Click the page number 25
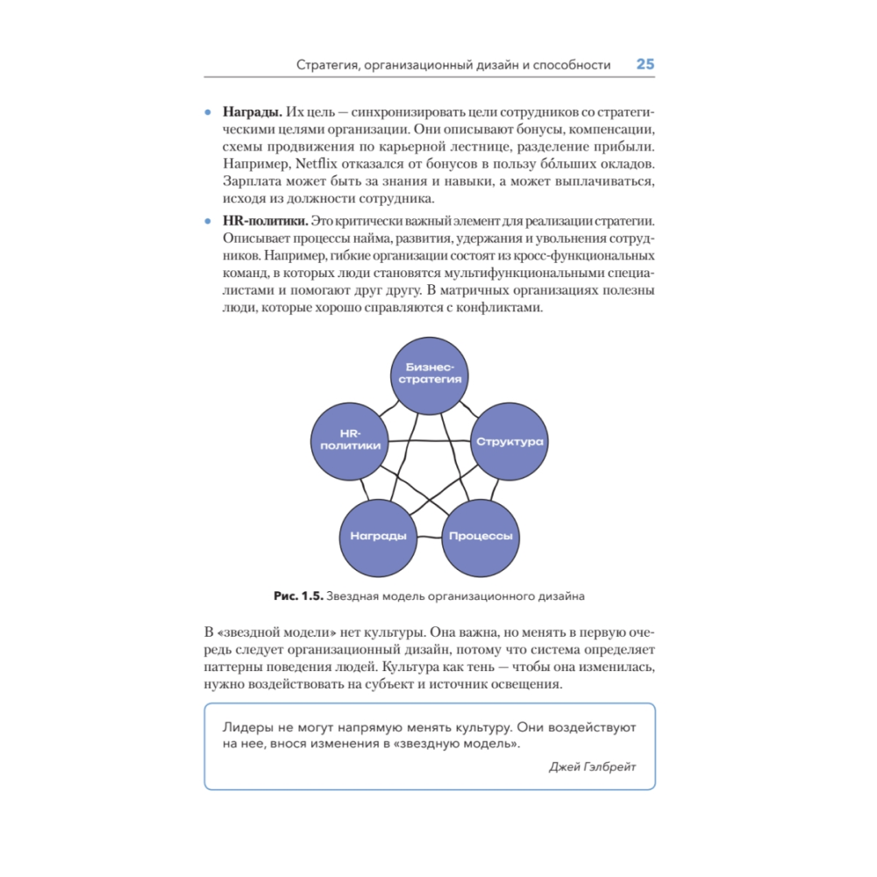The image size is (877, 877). pyautogui.click(x=645, y=64)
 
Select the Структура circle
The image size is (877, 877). pyautogui.click(x=510, y=441)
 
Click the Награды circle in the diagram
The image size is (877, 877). pyautogui.click(x=377, y=536)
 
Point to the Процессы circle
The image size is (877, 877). pyautogui.click(x=480, y=536)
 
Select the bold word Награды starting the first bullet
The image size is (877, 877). pyautogui.click(x=252, y=113)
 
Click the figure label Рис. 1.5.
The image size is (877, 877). pyautogui.click(x=298, y=596)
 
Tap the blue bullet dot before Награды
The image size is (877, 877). pyautogui.click(x=208, y=113)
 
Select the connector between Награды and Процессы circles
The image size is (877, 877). pyautogui.click(x=429, y=536)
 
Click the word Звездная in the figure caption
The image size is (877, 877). pyautogui.click(x=353, y=596)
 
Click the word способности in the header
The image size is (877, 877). pyautogui.click(x=568, y=65)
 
